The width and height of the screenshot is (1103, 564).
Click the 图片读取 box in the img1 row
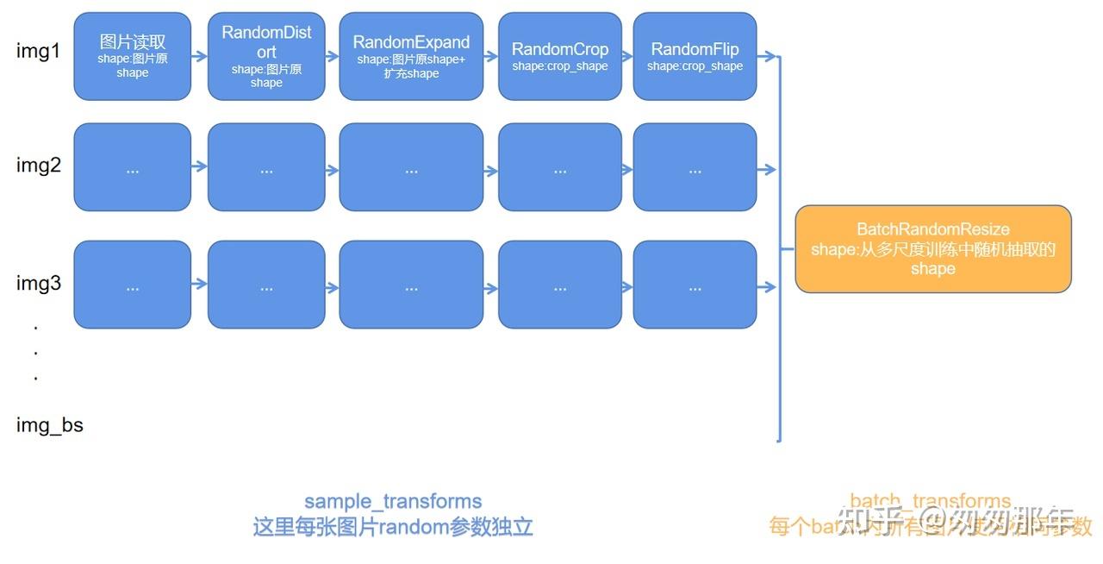[x=132, y=56]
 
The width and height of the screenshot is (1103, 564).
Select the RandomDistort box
[x=266, y=56]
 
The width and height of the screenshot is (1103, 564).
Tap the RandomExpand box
[x=411, y=56]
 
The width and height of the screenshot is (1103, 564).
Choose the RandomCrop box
[x=559, y=56]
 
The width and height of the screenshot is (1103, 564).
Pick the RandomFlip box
[x=695, y=56]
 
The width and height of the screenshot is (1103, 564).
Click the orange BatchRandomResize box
[x=932, y=248]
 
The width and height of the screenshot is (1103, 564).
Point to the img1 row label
[x=39, y=52]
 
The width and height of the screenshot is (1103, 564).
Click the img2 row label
[x=39, y=166]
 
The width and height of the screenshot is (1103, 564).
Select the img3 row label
[x=39, y=283]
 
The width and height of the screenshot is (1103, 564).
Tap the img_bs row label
[x=50, y=424]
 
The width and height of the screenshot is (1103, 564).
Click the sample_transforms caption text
[x=393, y=501]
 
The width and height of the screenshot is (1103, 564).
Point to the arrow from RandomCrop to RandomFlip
[x=627, y=56]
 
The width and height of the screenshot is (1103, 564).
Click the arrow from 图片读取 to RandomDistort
[x=199, y=56]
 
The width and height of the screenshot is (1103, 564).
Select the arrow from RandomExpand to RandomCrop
[x=491, y=56]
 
